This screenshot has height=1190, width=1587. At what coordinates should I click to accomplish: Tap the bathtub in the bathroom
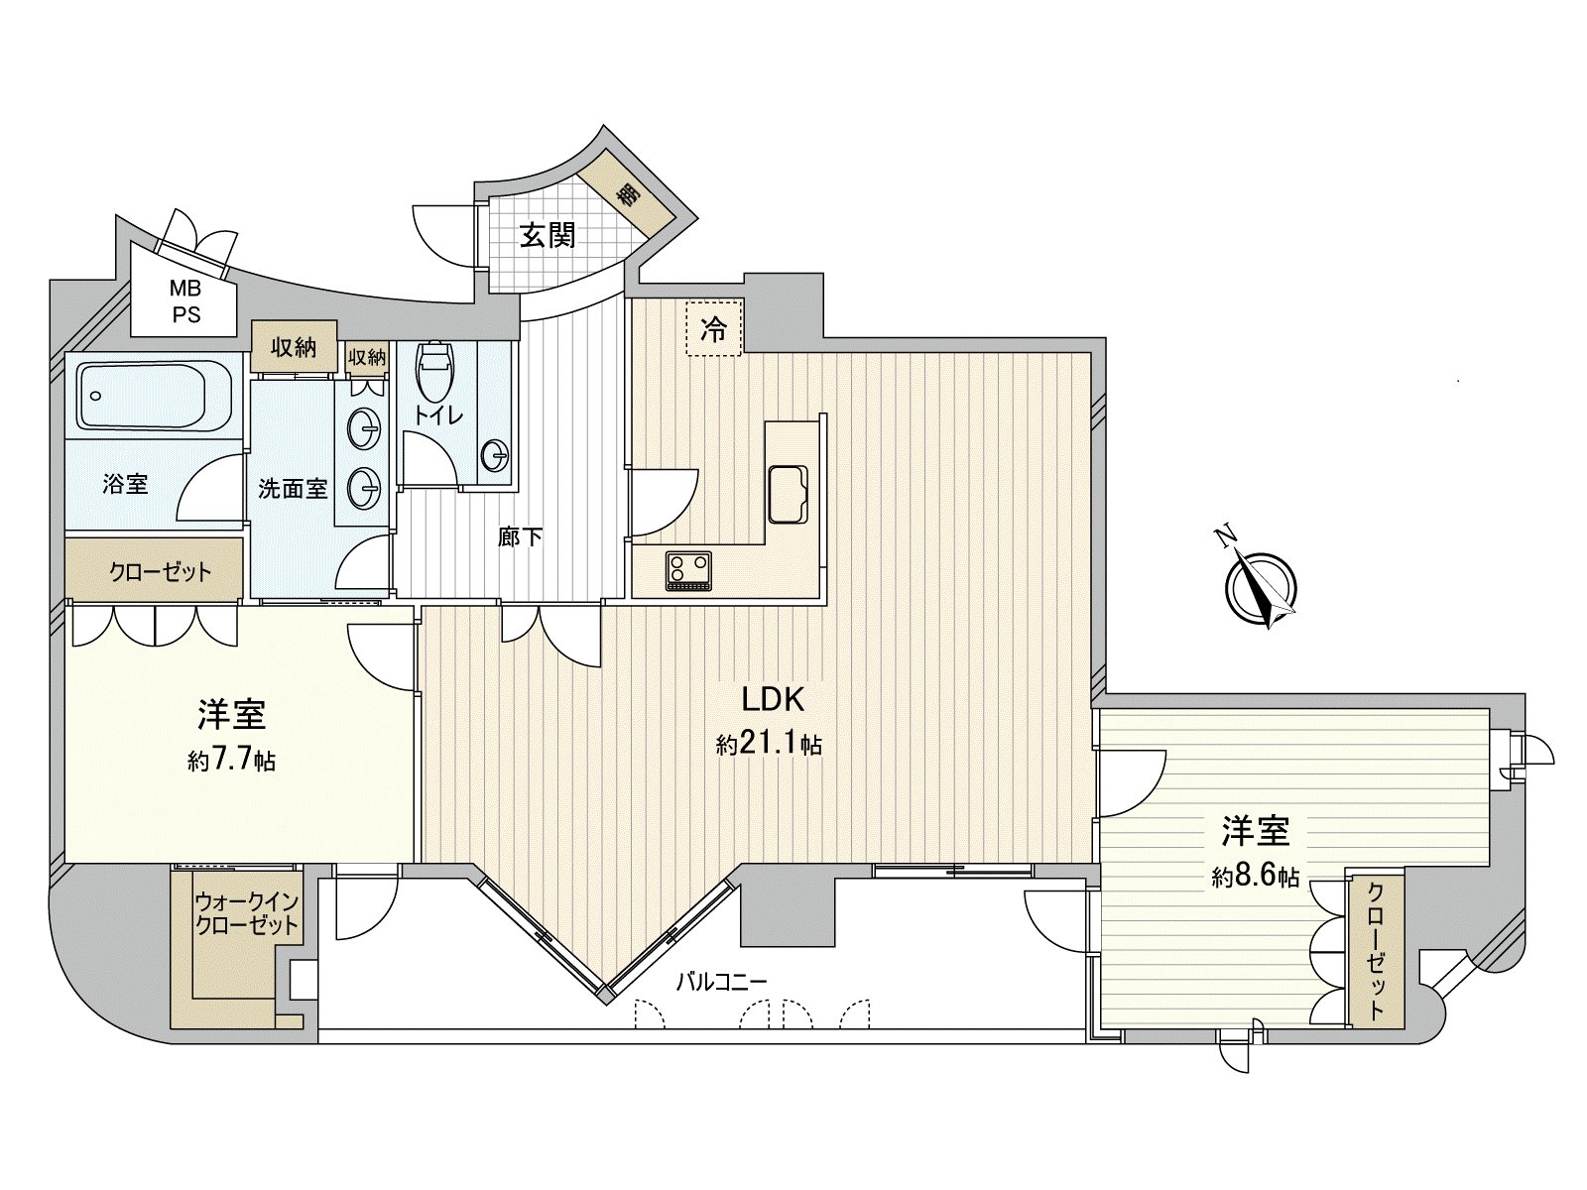(154, 396)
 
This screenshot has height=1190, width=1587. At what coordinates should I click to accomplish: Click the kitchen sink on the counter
(791, 492)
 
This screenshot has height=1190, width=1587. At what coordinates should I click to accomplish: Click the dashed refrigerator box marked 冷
(713, 329)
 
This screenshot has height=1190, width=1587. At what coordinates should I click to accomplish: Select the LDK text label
(773, 699)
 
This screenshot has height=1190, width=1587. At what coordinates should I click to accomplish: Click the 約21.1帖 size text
(769, 745)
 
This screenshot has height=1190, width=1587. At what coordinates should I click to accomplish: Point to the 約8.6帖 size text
(1255, 877)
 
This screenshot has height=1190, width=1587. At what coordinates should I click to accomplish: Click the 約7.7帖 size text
(231, 761)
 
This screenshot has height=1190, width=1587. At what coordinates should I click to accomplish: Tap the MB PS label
(184, 301)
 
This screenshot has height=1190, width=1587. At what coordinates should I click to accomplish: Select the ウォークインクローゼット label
(246, 914)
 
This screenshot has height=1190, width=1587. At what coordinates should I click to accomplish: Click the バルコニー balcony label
(721, 982)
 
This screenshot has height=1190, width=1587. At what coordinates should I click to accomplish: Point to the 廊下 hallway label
(520, 537)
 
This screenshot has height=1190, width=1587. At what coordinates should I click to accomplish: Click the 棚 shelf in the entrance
(627, 194)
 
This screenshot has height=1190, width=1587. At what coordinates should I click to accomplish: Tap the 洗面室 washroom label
(293, 488)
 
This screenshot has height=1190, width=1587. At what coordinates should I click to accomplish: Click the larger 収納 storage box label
(294, 347)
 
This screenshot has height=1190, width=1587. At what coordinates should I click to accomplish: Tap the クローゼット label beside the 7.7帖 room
(160, 572)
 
